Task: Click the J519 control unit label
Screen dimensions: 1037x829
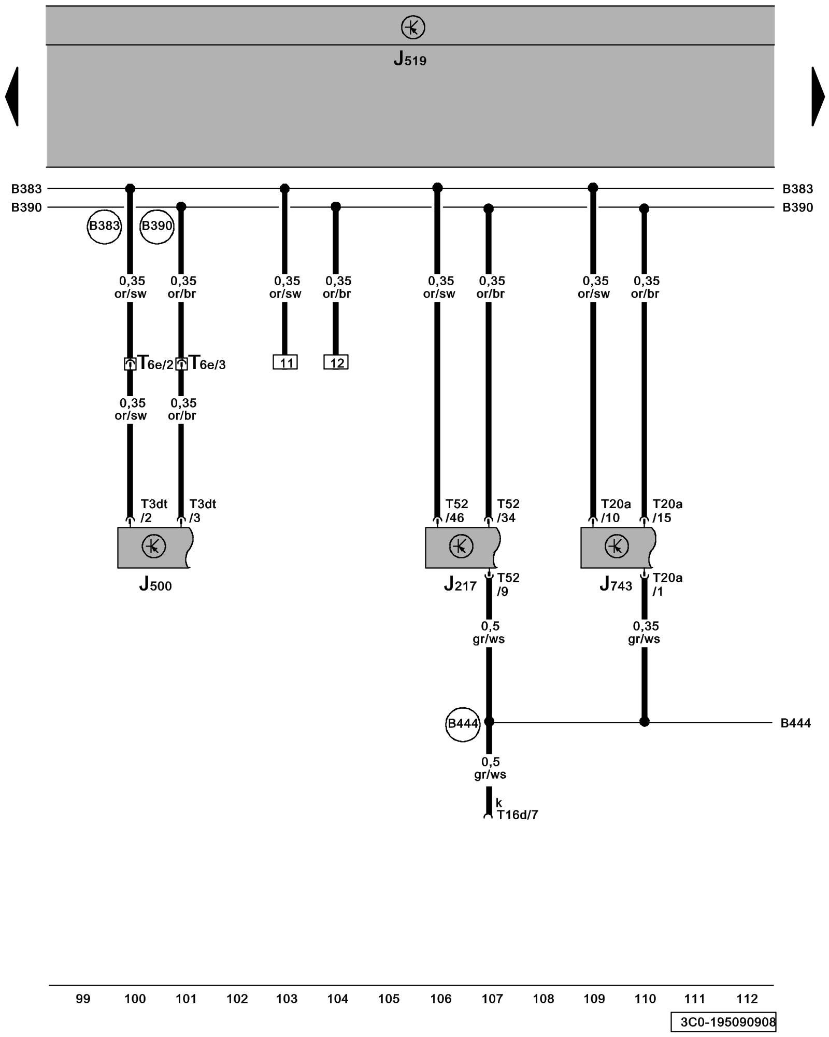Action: pyautogui.click(x=410, y=59)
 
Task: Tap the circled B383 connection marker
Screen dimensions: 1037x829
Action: pyautogui.click(x=104, y=226)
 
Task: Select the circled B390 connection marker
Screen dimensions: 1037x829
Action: pyautogui.click(x=156, y=226)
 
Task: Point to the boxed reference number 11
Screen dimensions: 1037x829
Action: pyautogui.click(x=285, y=362)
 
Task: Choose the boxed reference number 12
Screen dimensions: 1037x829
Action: pyautogui.click(x=336, y=362)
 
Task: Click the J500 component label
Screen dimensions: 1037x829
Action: pyautogui.click(x=155, y=585)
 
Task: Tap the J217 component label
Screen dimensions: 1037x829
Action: pyautogui.click(x=460, y=585)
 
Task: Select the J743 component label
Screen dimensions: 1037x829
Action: pyautogui.click(x=616, y=585)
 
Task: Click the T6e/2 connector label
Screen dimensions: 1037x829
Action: pyautogui.click(x=154, y=363)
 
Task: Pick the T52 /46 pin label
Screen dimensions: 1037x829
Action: pyautogui.click(x=456, y=511)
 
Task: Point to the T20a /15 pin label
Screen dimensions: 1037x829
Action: pyautogui.click(x=667, y=511)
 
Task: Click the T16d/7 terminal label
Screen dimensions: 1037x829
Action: pyautogui.click(x=517, y=815)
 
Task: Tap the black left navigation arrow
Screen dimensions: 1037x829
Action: pyautogui.click(x=12, y=96)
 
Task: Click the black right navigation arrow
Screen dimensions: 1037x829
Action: pyautogui.click(x=817, y=96)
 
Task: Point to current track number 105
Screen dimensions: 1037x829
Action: pyautogui.click(x=389, y=999)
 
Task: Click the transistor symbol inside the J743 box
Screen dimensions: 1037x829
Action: pyautogui.click(x=616, y=546)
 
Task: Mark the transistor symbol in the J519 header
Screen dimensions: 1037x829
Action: pyautogui.click(x=413, y=27)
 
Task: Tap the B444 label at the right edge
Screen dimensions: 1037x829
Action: pyautogui.click(x=795, y=723)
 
